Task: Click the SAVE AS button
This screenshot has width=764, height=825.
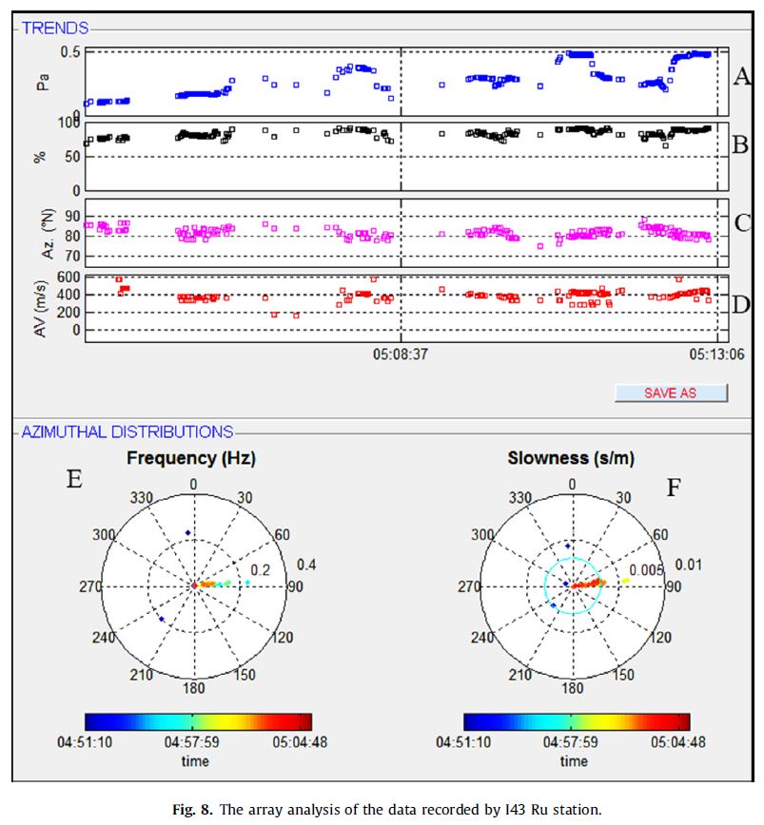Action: (671, 393)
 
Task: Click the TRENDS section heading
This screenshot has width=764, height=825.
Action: (56, 29)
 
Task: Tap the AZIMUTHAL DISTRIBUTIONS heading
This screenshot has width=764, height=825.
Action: (126, 432)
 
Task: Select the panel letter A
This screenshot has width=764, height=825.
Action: (742, 77)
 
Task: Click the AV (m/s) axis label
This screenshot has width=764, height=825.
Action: (41, 304)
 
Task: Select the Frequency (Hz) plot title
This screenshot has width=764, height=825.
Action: (191, 458)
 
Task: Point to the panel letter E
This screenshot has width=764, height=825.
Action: (73, 479)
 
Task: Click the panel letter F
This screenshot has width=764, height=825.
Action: (675, 488)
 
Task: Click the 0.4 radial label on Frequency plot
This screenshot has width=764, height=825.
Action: (306, 565)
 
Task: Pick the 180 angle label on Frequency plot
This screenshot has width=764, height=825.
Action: (194, 687)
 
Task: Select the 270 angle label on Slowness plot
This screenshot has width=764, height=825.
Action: (470, 586)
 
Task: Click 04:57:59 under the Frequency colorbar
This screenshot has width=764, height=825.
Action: (193, 743)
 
